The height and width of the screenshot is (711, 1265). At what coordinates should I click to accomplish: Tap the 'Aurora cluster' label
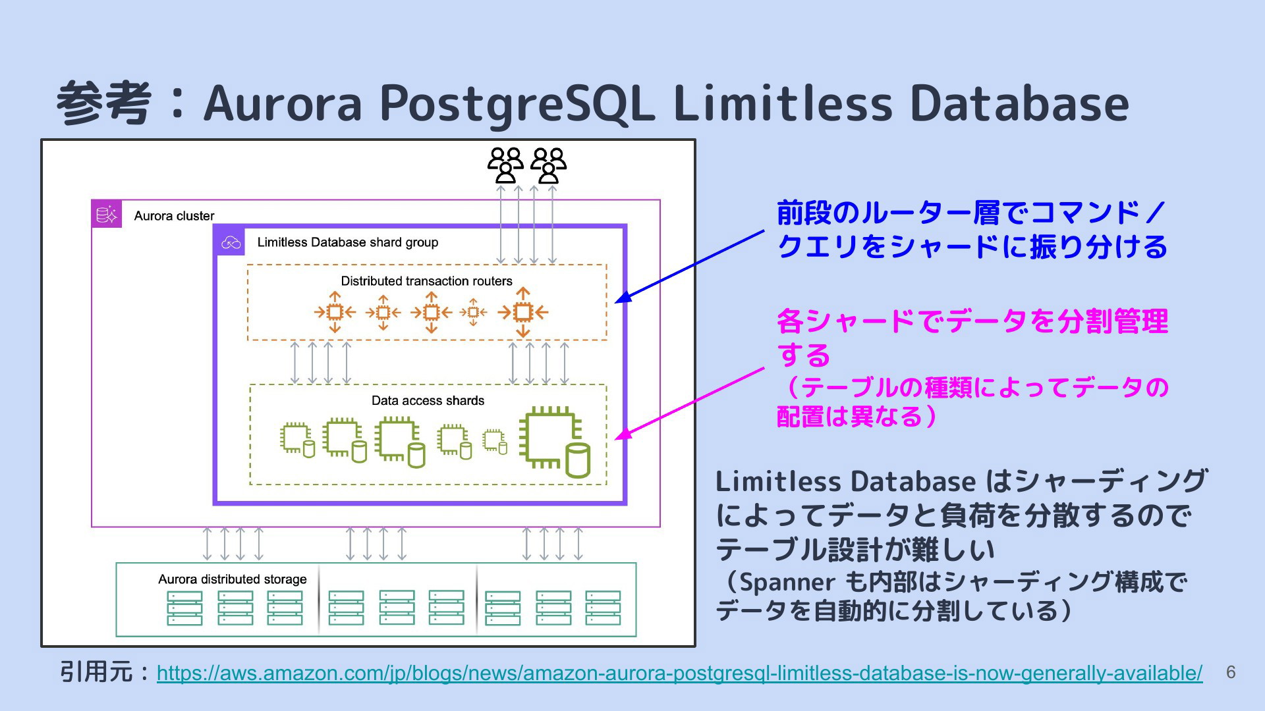coord(174,216)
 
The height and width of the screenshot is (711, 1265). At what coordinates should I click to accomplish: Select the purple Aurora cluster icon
coord(107,214)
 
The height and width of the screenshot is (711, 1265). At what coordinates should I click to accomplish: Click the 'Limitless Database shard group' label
coord(348,242)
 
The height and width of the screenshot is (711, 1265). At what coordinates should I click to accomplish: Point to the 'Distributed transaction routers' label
coord(426,281)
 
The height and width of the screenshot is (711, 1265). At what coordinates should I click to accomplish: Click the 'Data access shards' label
coord(428,400)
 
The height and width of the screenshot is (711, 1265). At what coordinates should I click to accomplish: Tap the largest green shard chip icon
coord(554,442)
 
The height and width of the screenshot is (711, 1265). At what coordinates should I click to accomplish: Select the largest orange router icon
coord(522,312)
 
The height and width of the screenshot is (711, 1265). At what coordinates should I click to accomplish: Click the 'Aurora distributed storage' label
coord(233,579)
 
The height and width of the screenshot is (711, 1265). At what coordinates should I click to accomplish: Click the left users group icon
coord(505,165)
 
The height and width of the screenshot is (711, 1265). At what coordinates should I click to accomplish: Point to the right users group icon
coord(548,165)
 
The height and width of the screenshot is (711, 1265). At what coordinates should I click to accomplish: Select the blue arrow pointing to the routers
coord(690,267)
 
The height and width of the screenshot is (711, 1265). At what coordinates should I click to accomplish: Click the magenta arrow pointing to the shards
coord(690,404)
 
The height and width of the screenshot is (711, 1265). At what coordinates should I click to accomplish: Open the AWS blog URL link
coord(679,673)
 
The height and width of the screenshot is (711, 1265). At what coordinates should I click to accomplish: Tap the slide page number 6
coord(1230,672)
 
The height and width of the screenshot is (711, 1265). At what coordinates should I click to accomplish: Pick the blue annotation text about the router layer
coord(972,230)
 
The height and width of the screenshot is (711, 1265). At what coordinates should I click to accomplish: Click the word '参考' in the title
coord(104,103)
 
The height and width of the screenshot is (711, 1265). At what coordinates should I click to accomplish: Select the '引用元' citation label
coord(96,672)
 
